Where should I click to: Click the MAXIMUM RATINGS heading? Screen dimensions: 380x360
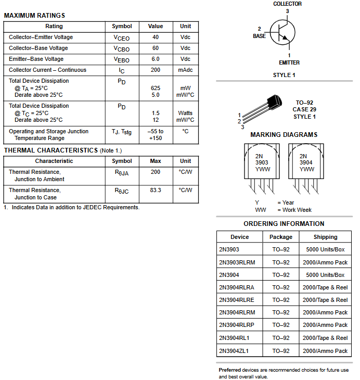[x=34, y=16]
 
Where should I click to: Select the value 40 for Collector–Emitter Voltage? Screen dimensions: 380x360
[x=156, y=37]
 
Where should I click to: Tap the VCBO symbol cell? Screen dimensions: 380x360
[x=122, y=48]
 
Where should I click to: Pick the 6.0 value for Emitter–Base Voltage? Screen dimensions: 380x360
[x=156, y=59]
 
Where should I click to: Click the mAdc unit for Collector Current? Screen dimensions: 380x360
[x=185, y=70]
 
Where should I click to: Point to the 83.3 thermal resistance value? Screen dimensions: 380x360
[x=156, y=191]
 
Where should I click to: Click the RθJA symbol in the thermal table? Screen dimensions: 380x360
[x=122, y=172]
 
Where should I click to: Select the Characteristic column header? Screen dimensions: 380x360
[x=54, y=161]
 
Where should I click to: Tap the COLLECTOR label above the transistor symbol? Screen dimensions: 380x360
[x=287, y=4]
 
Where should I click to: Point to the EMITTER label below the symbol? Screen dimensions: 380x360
[x=289, y=62]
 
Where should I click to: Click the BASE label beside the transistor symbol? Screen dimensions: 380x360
[x=259, y=36]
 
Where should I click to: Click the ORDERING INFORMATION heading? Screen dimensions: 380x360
[x=284, y=224]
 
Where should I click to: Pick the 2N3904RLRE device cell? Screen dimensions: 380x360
[x=237, y=300]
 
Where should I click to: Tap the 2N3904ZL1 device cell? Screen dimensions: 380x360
[x=234, y=351]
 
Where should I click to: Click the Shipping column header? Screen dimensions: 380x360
[x=325, y=237]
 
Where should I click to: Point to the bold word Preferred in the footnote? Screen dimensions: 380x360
[x=229, y=370]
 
